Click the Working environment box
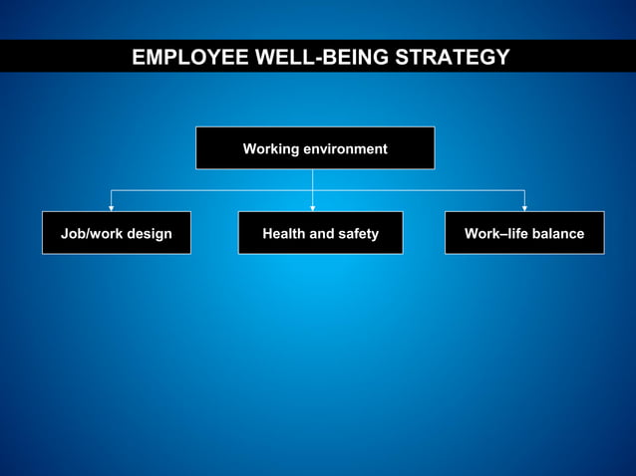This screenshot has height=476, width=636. tap(315, 148)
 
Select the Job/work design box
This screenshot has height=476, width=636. tap(117, 233)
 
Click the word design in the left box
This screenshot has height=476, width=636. tap(149, 234)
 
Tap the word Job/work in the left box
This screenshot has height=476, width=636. tap(91, 234)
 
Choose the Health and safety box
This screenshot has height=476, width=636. tap(320, 233)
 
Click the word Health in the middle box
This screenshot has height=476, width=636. tap(284, 234)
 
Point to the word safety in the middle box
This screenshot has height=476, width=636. tap(358, 234)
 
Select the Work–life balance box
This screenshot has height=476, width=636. tap(524, 233)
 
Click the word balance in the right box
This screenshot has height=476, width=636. tap(557, 234)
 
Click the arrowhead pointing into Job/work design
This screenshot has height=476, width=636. tap(111, 207)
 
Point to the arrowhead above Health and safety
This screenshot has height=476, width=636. tap(313, 207)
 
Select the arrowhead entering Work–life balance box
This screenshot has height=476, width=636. tap(524, 207)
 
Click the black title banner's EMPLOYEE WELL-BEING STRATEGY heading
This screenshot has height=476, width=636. tap(320, 58)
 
